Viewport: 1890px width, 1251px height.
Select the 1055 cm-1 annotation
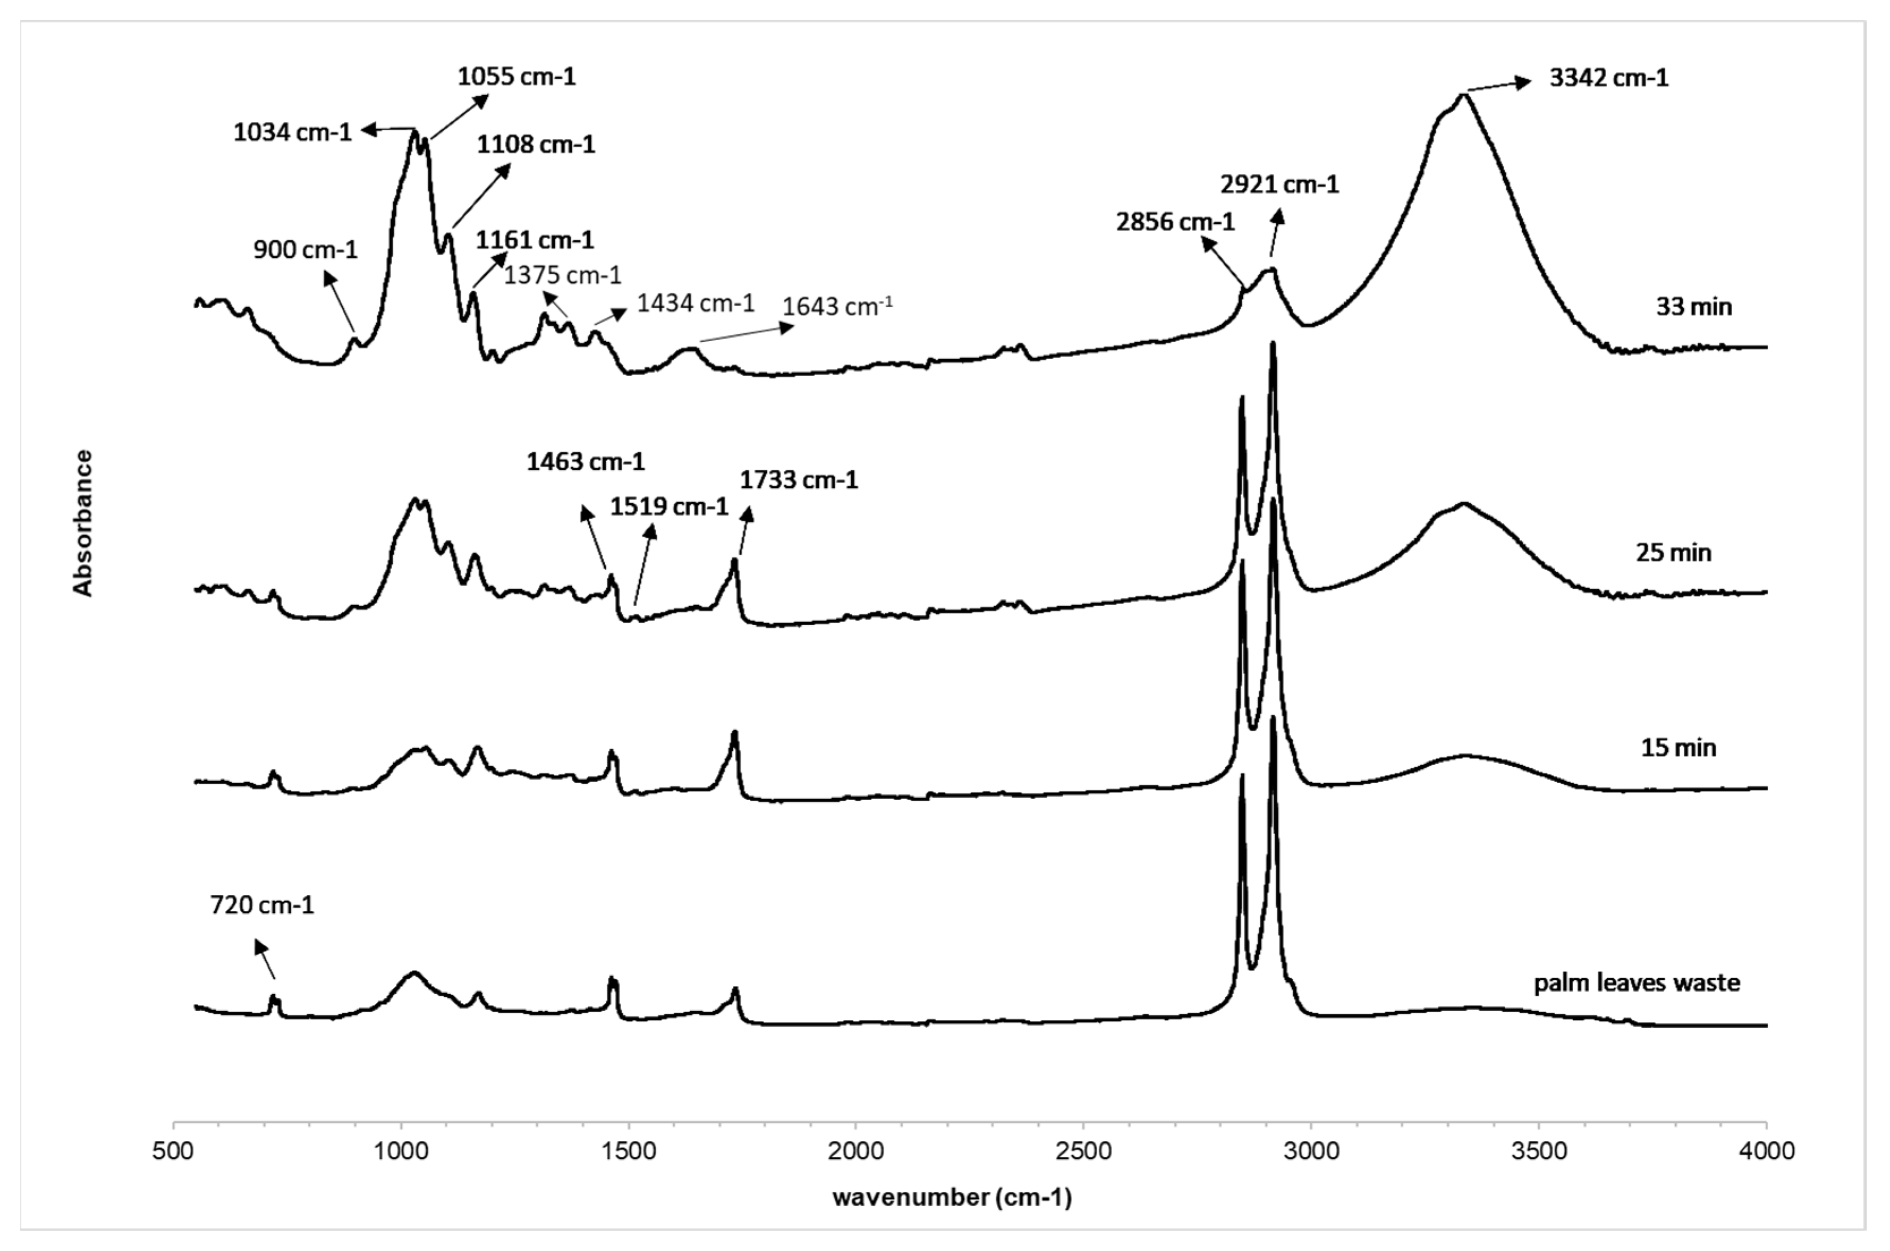tap(516, 76)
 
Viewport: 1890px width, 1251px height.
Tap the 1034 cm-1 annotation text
tap(292, 131)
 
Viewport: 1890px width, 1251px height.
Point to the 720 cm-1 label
tap(262, 905)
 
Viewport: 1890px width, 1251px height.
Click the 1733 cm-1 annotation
tap(799, 480)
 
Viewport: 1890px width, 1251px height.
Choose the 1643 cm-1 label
tap(837, 307)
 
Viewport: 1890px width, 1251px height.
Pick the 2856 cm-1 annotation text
tap(1175, 222)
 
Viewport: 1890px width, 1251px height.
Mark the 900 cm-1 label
tap(305, 250)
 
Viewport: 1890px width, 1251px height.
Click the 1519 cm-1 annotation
tap(669, 507)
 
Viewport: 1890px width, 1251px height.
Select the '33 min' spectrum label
tap(1694, 307)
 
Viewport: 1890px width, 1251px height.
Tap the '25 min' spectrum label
tap(1674, 552)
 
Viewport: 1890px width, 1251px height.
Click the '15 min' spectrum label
tap(1679, 747)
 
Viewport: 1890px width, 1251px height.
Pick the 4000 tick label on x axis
tap(1766, 1151)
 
